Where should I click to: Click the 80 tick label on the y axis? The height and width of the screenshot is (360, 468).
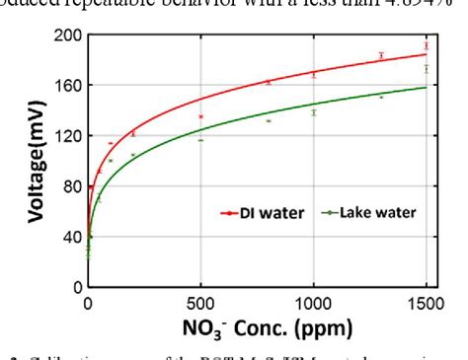tap(69, 186)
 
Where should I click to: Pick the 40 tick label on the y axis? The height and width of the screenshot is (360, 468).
tap(69, 237)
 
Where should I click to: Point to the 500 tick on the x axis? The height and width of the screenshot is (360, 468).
tap(200, 301)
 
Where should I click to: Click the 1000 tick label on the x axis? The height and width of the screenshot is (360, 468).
tap(313, 301)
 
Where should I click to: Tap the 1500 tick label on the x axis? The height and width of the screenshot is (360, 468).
tap(426, 301)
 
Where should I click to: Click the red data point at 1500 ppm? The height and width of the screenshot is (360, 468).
tap(426, 46)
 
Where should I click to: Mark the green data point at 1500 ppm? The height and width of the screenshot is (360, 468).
tap(426, 69)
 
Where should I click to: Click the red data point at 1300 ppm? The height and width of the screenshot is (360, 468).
tap(381, 56)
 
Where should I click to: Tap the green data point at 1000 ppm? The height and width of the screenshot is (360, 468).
tap(314, 112)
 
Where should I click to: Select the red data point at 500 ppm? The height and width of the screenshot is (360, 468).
tap(200, 117)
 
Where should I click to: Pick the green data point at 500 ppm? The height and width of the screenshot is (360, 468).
tap(200, 140)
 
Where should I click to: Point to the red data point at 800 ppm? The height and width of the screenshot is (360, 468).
tap(269, 83)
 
